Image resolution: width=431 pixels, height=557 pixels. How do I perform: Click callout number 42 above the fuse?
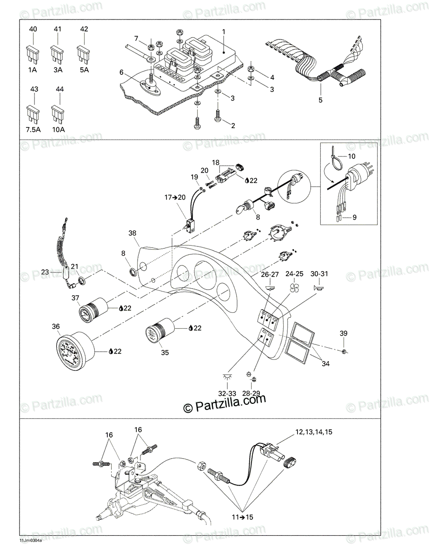coord(84,30)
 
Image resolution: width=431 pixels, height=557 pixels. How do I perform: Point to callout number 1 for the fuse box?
coord(223,32)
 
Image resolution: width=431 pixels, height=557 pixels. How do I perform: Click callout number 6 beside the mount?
coord(122,72)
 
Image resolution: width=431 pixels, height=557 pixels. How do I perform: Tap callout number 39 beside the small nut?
coord(343,333)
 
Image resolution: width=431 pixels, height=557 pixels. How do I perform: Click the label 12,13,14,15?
coord(314,432)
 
